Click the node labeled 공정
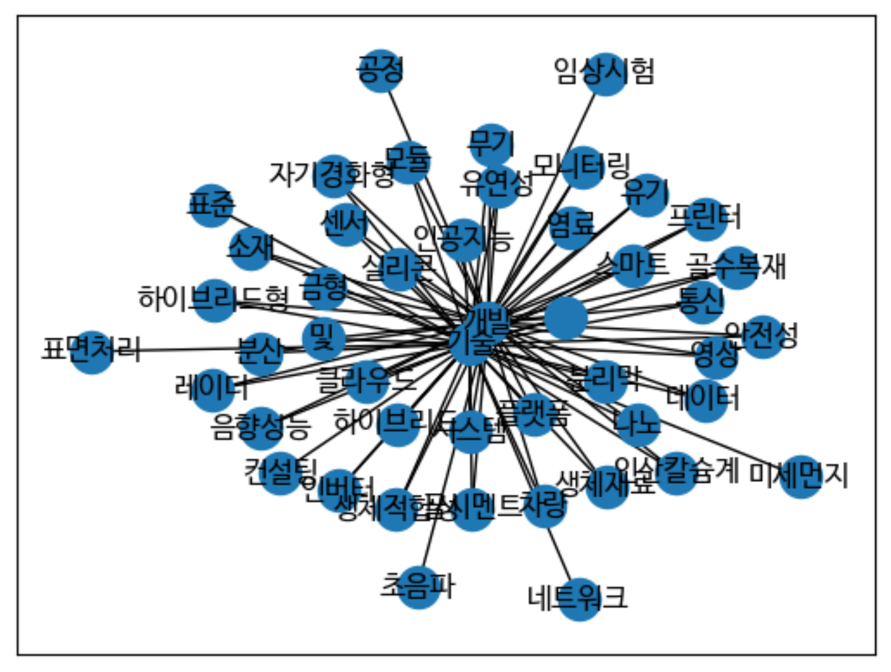[x=381, y=70]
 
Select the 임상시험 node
[x=605, y=74]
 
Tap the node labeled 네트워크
[x=579, y=599]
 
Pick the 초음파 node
[x=419, y=587]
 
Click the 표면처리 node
[x=92, y=352]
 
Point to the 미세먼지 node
[x=801, y=477]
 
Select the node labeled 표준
[x=211, y=206]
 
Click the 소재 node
[x=251, y=248]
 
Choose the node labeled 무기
[x=491, y=144]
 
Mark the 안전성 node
[x=763, y=336]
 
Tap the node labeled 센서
[x=345, y=224]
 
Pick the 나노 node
[x=637, y=425]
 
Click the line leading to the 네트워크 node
[x=561, y=551]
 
